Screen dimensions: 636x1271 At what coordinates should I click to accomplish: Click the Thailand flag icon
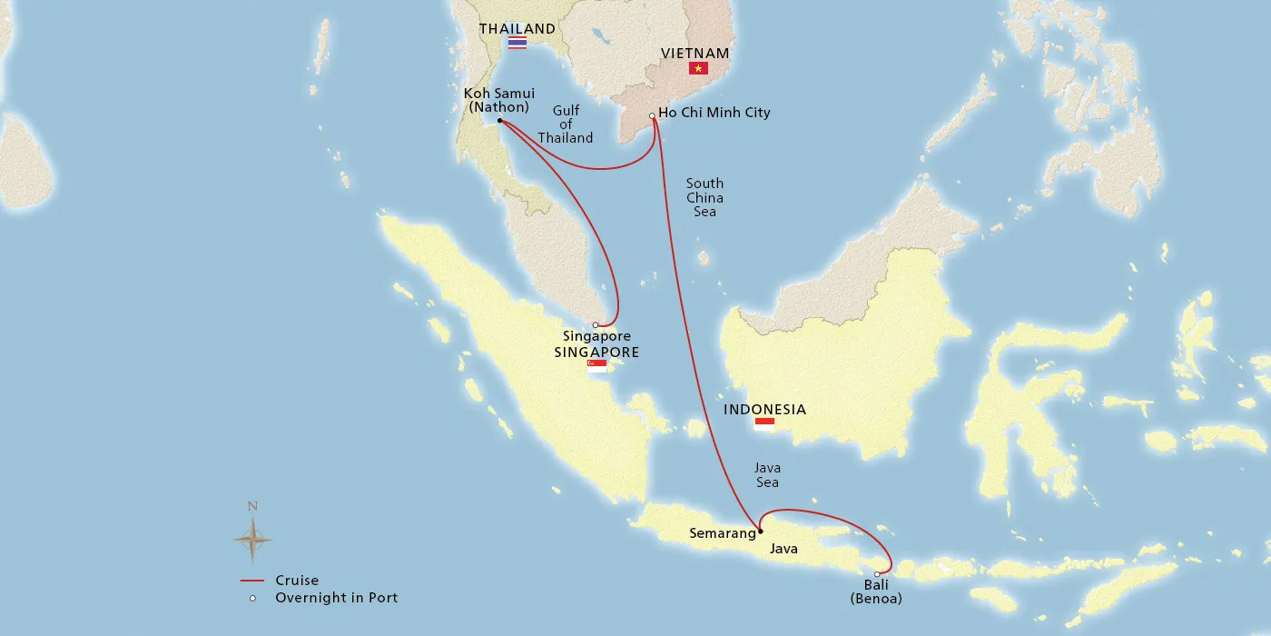pos(517,43)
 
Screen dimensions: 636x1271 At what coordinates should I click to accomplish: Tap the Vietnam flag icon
pos(698,68)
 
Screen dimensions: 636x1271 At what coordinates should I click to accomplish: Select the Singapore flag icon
pos(596,366)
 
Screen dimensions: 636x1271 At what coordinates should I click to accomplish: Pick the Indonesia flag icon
pos(764,423)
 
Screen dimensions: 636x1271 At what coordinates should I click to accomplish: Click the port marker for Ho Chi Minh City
pos(652,115)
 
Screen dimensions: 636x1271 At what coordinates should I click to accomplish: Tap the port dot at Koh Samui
pos(499,120)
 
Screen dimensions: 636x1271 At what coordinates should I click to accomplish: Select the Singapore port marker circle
pos(596,324)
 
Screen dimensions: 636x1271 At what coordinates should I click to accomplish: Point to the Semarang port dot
pos(761,532)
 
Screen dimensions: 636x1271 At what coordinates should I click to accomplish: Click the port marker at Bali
pos(877,573)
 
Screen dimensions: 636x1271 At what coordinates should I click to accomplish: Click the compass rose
pos(252,539)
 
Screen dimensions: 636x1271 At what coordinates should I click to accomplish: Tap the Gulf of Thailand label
pos(566,124)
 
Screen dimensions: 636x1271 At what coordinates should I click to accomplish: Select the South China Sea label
pos(704,197)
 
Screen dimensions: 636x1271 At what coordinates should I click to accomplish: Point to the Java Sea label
pos(767,475)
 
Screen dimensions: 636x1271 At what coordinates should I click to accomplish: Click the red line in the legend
pos(251,581)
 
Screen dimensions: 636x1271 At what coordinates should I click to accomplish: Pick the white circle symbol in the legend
pos(252,598)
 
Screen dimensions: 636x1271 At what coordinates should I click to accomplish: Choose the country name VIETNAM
pos(695,54)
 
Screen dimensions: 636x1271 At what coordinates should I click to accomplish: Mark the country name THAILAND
pos(517,29)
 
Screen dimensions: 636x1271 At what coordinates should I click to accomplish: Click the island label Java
pos(783,549)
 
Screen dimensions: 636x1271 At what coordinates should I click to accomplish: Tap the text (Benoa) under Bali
pos(876,599)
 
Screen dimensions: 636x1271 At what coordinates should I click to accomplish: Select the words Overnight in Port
pos(336,598)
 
